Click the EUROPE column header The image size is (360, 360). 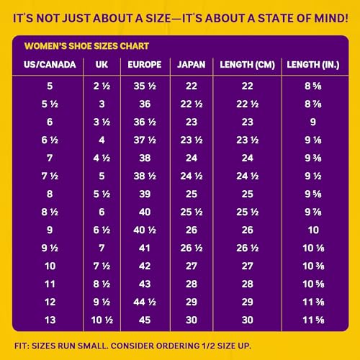click(145, 65)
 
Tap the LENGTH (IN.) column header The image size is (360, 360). click(313, 65)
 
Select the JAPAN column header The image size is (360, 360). click(192, 65)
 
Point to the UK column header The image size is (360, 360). click(102, 65)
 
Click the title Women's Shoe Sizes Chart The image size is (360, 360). click(86, 46)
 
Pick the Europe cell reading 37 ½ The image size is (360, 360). click(145, 140)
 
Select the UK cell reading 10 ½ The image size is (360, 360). click(102, 320)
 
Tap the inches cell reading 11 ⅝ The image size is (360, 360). click(313, 320)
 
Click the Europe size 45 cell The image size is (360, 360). click(145, 320)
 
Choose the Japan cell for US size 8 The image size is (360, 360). click(192, 194)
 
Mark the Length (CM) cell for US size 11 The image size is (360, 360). click(247, 284)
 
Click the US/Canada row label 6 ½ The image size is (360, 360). click(50, 140)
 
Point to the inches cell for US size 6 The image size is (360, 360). click(313, 122)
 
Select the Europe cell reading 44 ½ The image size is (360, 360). click(145, 302)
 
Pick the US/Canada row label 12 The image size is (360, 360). click(50, 302)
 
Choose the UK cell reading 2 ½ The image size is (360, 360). click(102, 86)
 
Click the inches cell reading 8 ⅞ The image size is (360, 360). click(313, 104)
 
